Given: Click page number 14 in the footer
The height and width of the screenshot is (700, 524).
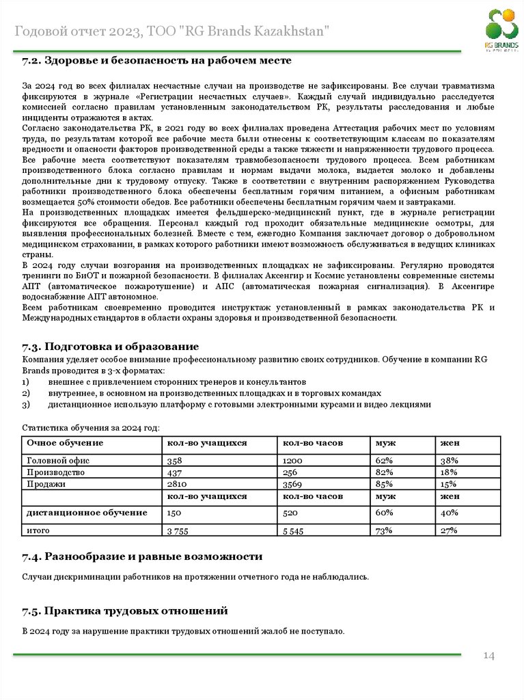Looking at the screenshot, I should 488,656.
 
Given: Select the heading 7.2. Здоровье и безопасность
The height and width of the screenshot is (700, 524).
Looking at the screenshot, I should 156,61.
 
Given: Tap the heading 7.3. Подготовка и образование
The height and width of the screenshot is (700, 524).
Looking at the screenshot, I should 110,347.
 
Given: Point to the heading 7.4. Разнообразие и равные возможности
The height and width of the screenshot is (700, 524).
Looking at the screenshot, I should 142,556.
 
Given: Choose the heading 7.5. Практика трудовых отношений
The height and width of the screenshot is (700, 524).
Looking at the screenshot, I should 124,610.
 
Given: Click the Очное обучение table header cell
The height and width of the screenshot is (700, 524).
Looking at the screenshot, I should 55,443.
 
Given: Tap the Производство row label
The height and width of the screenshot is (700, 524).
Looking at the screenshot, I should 55,472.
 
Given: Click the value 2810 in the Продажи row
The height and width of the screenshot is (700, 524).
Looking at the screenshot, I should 176,484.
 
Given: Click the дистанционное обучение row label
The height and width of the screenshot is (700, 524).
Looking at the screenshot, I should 87,512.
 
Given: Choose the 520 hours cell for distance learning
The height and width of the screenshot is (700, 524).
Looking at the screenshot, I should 290,512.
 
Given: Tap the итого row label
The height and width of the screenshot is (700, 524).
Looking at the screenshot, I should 38,530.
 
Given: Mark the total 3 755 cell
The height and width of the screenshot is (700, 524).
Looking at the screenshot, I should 178,530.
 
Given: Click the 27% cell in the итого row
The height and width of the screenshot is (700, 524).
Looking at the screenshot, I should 449,530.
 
